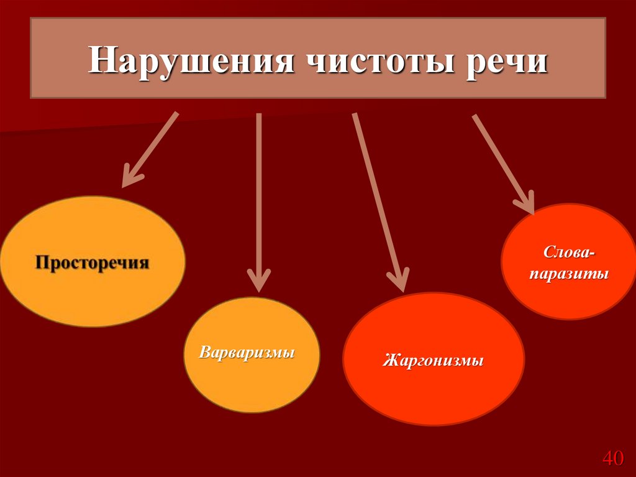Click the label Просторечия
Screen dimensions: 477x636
92,262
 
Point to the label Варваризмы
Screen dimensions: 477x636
247,353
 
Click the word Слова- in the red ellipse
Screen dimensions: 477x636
568,252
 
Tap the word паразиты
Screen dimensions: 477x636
568,274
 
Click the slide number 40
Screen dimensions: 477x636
612,459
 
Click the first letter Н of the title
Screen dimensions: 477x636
99,63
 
